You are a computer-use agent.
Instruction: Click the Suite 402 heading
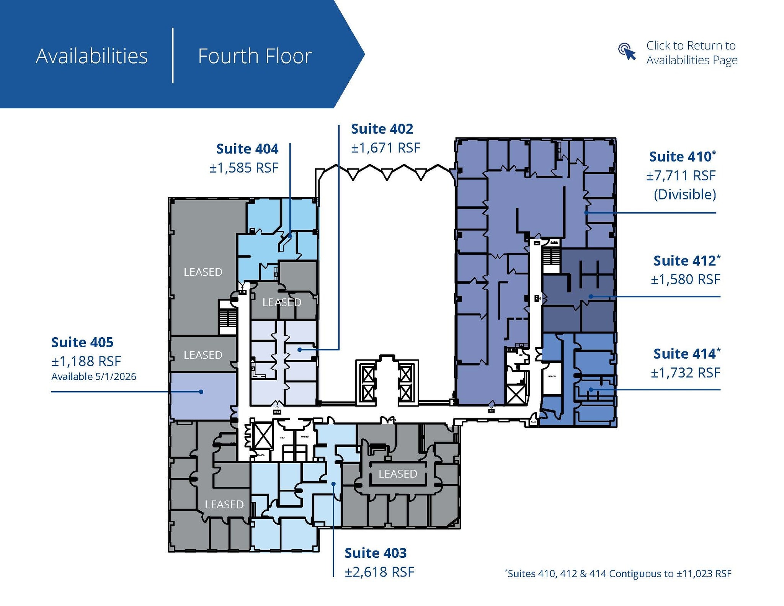pos(382,129)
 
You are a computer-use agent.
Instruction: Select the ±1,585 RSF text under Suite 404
pos(244,168)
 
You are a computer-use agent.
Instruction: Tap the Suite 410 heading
pos(682,157)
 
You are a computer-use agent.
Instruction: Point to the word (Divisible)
pos(684,194)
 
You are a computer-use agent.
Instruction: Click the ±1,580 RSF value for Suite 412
pos(685,279)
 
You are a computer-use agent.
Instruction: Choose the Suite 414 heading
pos(686,354)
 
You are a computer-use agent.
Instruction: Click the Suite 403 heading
pos(376,553)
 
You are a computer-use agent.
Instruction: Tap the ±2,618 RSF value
pos(379,572)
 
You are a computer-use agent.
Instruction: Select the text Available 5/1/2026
pos(94,377)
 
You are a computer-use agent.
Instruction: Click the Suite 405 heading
pos(82,342)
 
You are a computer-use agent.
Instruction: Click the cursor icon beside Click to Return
pos(627,52)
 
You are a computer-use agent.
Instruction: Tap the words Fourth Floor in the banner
pos(255,56)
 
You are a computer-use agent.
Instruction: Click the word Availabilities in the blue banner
pos(92,56)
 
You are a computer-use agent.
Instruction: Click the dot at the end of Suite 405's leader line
pos(201,392)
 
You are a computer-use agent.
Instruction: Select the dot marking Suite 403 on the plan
pos(333,484)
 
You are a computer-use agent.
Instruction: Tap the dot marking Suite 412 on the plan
pos(591,296)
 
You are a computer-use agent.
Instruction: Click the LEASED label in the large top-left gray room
pos(203,272)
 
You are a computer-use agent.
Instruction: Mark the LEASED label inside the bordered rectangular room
pos(398,474)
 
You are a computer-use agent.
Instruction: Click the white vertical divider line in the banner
pos(173,55)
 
